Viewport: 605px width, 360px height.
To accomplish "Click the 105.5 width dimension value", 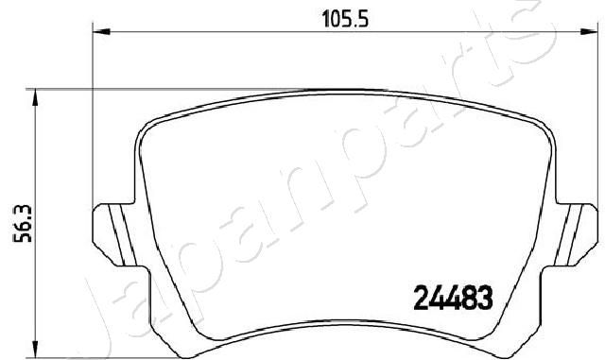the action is [345, 19].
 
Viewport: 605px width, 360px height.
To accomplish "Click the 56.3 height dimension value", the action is [23, 224].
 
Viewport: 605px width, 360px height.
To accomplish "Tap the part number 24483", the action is [453, 299].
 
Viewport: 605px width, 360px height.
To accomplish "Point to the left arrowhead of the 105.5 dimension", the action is [101, 31].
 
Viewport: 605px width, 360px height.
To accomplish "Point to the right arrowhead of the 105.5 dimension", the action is [588, 31].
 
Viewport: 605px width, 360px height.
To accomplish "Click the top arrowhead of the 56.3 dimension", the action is [35, 97].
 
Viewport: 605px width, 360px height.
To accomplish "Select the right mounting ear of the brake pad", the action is [576, 234].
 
